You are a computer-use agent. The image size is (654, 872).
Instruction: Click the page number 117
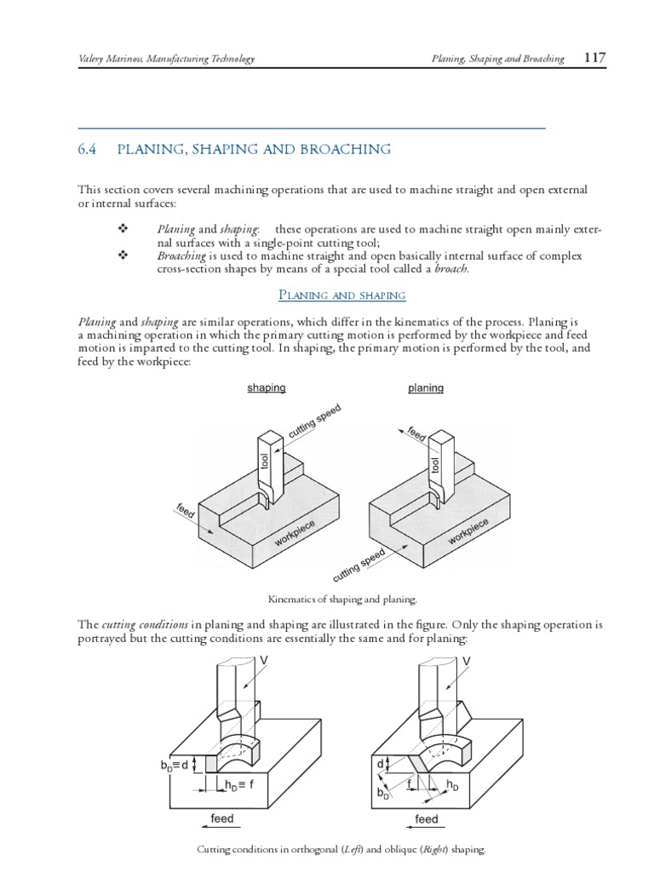(594, 58)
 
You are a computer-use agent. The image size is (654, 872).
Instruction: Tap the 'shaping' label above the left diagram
(266, 387)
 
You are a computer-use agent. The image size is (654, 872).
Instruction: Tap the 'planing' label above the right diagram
(426, 387)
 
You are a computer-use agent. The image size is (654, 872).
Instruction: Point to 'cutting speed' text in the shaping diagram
(315, 423)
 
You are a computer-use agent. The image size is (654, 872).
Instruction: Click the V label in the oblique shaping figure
(467, 661)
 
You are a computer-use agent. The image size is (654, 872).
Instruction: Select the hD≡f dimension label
(239, 784)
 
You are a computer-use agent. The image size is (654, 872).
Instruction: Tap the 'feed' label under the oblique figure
(426, 819)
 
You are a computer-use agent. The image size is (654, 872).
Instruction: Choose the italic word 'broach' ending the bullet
(451, 269)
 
